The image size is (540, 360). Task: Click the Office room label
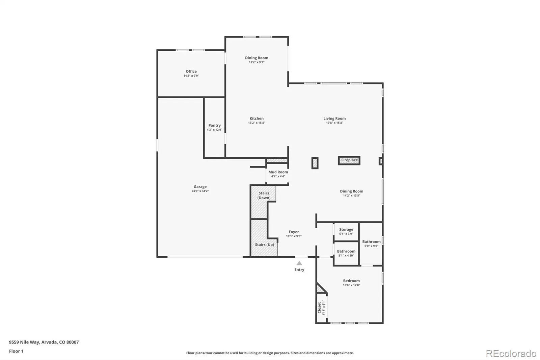tap(191, 71)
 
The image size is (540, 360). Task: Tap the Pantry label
tap(214, 126)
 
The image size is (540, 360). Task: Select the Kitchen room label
tap(256, 119)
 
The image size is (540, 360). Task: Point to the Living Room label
tap(334, 119)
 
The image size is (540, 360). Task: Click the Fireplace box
tap(349, 160)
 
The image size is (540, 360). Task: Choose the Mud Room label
tap(278, 172)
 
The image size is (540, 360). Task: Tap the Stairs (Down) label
tap(264, 196)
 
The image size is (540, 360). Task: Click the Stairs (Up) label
tap(265, 245)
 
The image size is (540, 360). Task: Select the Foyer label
tap(294, 232)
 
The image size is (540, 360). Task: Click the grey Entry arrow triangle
tap(299, 263)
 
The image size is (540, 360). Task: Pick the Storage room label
tap(346, 229)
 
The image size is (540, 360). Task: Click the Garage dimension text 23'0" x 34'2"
tap(200, 191)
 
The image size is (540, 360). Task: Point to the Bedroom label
tap(351, 281)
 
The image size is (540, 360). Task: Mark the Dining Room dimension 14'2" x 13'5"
tap(351, 196)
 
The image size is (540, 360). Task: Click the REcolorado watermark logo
tap(511, 354)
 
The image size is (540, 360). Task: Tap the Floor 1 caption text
tap(16, 351)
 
